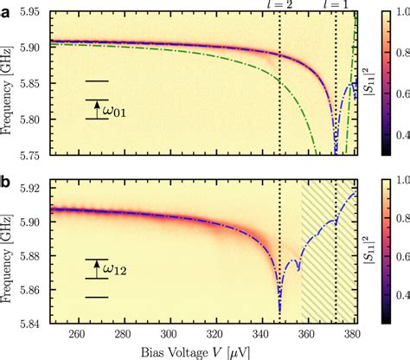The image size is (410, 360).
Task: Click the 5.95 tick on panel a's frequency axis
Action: point(34,14)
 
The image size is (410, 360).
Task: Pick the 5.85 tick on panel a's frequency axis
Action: point(34,85)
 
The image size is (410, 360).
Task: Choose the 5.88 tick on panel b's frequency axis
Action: point(34,254)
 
